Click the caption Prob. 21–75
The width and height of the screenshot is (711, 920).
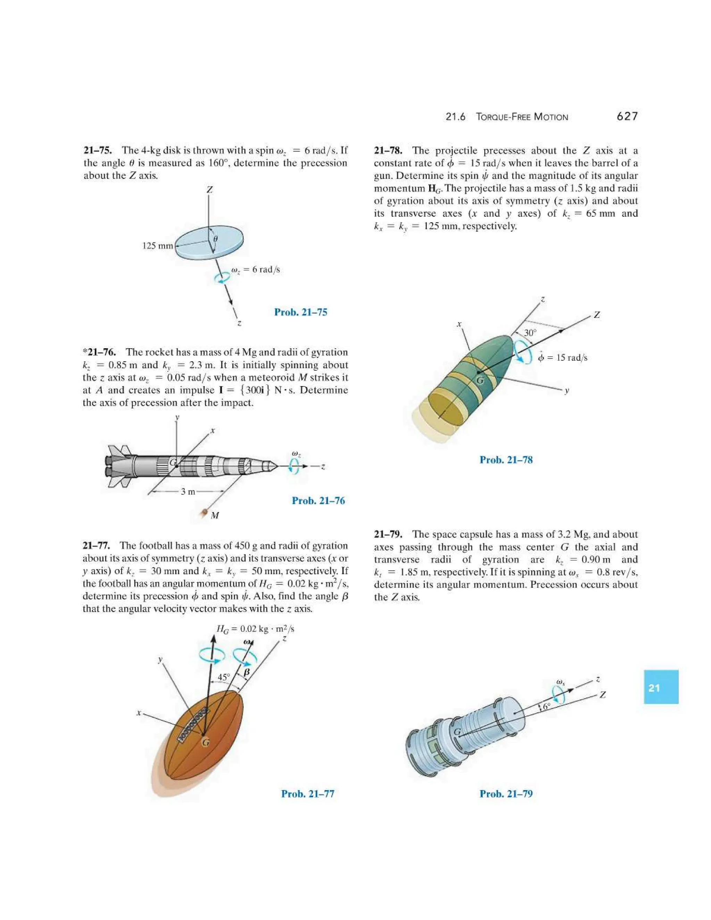300,312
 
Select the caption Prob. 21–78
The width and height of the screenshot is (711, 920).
506,460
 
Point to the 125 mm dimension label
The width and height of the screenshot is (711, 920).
158,245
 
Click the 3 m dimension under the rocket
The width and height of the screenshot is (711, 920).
188,492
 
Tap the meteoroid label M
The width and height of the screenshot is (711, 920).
215,516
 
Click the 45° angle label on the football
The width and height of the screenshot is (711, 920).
224,677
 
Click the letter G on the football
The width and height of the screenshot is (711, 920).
206,743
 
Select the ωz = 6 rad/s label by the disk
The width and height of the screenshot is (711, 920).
255,270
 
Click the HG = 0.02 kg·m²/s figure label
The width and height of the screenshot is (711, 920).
255,629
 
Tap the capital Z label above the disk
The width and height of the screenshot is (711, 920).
209,190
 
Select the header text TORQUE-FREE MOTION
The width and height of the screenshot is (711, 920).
522,117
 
